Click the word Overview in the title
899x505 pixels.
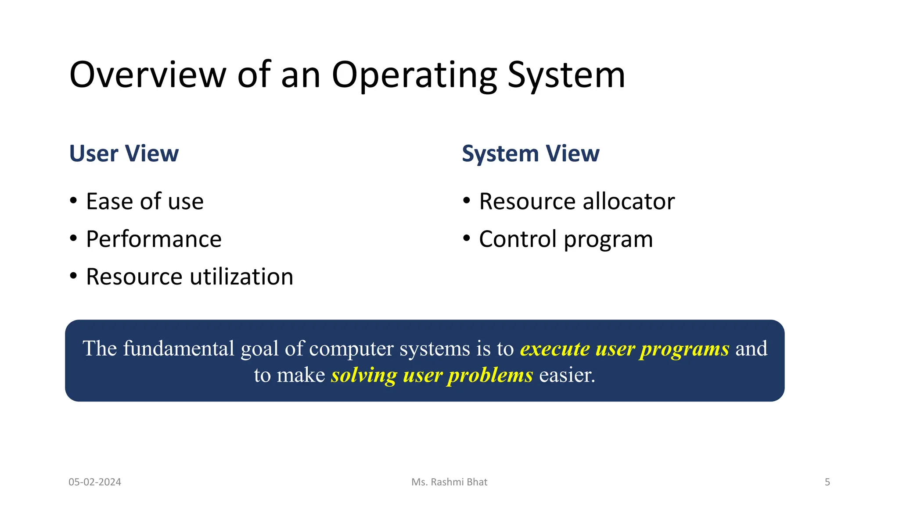tap(147, 75)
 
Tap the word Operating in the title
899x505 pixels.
tap(414, 75)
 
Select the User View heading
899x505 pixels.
tap(124, 153)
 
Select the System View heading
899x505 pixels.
tap(530, 153)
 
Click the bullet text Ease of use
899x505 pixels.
tap(144, 201)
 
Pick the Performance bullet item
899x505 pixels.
tap(154, 239)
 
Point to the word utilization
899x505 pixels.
tap(241, 277)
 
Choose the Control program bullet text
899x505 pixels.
tap(565, 239)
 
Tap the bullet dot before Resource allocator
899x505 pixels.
tap(467, 201)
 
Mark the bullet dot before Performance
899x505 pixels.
tap(73, 238)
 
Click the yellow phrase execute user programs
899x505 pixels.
tap(624, 349)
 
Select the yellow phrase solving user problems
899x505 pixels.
tap(432, 375)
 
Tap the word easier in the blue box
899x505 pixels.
tap(567, 375)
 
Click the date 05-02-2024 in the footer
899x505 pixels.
tap(95, 482)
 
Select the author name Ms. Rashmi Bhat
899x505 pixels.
tap(449, 482)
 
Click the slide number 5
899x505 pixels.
tap(827, 482)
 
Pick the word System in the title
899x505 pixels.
tap(566, 75)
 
